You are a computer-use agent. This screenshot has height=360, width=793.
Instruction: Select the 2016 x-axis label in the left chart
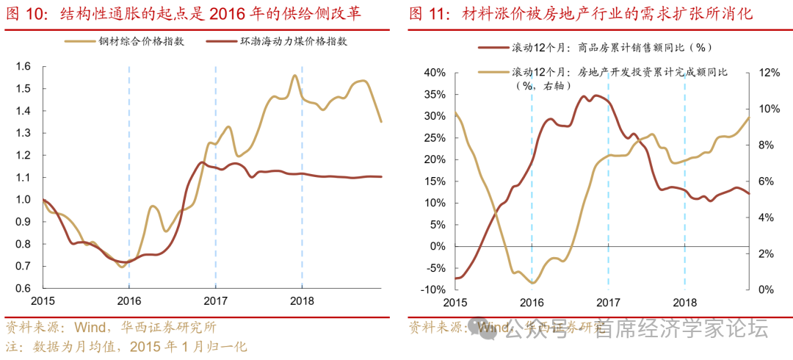click(x=128, y=300)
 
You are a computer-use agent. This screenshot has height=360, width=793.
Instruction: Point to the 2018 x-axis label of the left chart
click(x=302, y=300)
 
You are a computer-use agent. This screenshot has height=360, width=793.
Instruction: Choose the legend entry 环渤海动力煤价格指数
click(x=293, y=41)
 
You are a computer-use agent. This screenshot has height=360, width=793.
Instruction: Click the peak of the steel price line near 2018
click(x=294, y=76)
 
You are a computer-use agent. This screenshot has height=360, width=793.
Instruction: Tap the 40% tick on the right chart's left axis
click(x=433, y=73)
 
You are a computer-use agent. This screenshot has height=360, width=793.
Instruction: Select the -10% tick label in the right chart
click(x=432, y=289)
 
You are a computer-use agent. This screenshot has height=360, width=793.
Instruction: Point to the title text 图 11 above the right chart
click(x=427, y=14)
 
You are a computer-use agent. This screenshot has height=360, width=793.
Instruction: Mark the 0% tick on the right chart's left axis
click(x=438, y=245)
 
